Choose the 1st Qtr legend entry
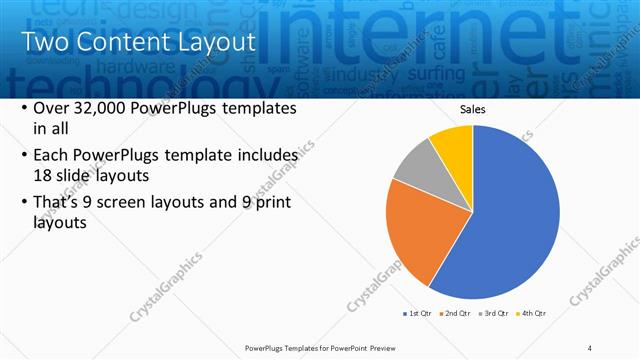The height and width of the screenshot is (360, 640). pyautogui.click(x=417, y=313)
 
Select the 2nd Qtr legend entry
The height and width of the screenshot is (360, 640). pyautogui.click(x=457, y=313)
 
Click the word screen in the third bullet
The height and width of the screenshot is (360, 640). pyautogui.click(x=131, y=203)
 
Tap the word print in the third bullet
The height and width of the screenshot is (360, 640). pyautogui.click(x=270, y=203)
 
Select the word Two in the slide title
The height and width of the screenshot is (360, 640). pyautogui.click(x=45, y=43)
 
